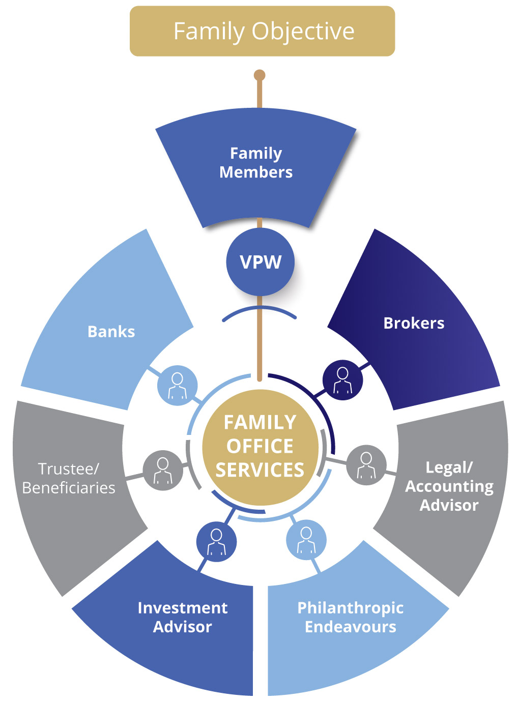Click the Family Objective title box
[x=262, y=31]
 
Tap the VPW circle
[x=260, y=262]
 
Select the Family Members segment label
[x=256, y=163]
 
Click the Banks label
[x=111, y=332]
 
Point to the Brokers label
[x=414, y=323]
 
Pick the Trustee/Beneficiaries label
[x=69, y=478]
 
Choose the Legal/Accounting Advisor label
[x=449, y=486]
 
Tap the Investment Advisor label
[x=183, y=617]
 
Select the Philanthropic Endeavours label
[x=351, y=617]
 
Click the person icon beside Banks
[x=177, y=385]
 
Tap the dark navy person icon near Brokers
[x=343, y=380]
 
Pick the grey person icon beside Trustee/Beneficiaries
[x=163, y=470]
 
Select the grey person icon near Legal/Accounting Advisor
[x=366, y=465]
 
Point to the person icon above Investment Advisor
[x=216, y=541]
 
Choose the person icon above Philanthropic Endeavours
[x=306, y=540]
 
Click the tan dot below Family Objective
[x=259, y=76]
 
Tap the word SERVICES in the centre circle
[x=260, y=470]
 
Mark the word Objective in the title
[x=303, y=31]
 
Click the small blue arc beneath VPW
[x=259, y=309]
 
